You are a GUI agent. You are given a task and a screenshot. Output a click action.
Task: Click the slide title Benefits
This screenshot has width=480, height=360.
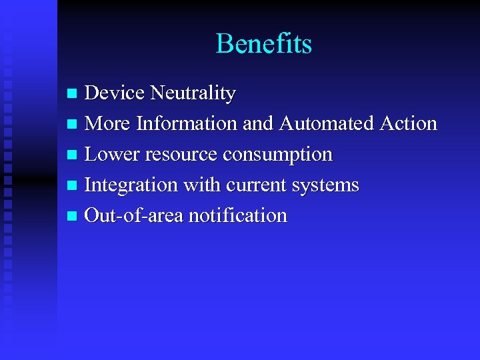(264, 44)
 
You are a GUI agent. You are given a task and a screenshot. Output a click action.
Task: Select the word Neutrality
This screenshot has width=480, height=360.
(193, 93)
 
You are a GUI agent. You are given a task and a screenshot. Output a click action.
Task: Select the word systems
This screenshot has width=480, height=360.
(326, 185)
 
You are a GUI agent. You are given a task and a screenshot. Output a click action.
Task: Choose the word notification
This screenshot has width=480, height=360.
(237, 215)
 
